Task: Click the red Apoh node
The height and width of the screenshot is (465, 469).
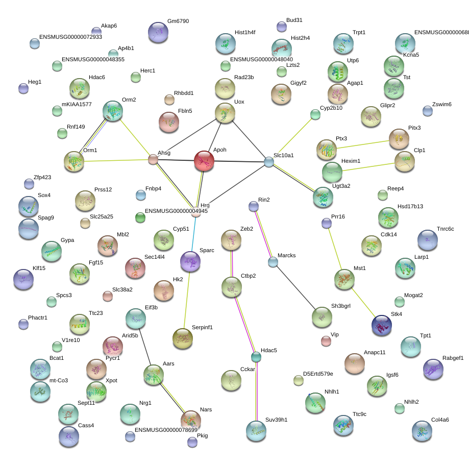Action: click(x=204, y=161)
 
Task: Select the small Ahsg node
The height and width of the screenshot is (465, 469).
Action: click(x=153, y=159)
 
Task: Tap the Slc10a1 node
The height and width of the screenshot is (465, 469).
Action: click(x=269, y=162)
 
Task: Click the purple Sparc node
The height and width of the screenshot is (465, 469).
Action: click(x=190, y=261)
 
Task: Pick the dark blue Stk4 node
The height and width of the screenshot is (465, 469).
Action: click(x=382, y=325)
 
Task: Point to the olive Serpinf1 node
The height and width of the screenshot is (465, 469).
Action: click(x=183, y=338)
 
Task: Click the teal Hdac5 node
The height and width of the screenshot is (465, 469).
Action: click(x=256, y=357)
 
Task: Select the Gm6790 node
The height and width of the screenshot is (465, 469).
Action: click(x=158, y=32)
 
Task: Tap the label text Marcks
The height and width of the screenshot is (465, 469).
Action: click(x=286, y=255)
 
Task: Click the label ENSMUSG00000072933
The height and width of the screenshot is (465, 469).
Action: click(x=70, y=37)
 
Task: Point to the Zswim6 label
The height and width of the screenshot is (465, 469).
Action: click(x=442, y=104)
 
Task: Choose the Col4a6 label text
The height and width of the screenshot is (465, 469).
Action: click(x=440, y=420)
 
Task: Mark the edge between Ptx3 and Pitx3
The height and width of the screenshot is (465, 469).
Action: click(x=363, y=144)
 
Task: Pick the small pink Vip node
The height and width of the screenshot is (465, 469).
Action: click(x=326, y=341)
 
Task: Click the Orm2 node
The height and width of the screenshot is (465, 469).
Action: click(x=113, y=111)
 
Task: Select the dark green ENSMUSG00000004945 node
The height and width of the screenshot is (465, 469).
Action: click(x=140, y=217)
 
